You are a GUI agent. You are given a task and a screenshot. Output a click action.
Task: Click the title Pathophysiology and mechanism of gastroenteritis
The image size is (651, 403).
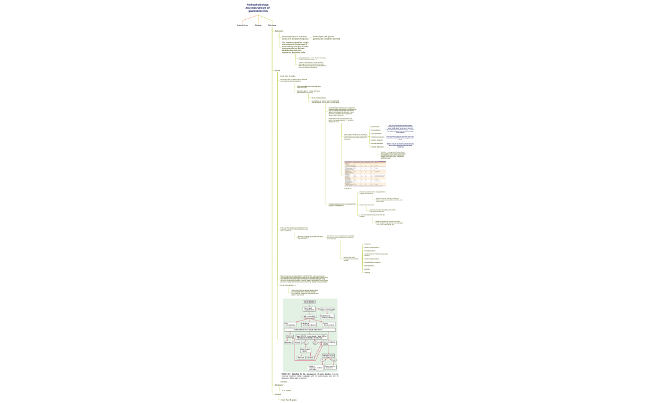pos(258,7)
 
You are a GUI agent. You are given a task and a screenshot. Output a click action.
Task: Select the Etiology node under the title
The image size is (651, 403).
pos(258,25)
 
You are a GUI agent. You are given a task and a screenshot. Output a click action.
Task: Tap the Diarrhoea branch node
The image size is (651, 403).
pos(272,25)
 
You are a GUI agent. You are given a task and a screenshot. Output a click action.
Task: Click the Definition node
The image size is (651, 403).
pos(279,31)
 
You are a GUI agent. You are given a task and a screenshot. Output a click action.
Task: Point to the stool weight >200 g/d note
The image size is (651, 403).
pos(326,38)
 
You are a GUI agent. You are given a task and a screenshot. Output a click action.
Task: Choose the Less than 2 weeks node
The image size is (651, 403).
pos(288,76)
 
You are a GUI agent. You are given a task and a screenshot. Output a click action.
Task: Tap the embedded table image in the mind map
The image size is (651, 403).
pos(365,174)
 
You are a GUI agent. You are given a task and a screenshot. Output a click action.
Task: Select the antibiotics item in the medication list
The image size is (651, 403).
pos(368,244)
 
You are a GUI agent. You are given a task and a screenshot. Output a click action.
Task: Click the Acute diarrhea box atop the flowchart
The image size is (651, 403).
pos(309,302)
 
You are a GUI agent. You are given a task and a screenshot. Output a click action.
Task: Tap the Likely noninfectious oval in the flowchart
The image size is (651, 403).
pos(327,309)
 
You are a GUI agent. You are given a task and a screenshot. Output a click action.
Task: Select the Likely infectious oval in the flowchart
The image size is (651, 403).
pos(309,316)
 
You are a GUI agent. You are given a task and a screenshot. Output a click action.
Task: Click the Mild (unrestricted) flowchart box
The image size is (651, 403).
pos(290,324)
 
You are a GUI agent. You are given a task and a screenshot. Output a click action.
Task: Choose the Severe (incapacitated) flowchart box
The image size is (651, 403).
pos(329,324)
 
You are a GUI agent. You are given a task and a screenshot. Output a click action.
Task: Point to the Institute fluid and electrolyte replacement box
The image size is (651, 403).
pos(309,330)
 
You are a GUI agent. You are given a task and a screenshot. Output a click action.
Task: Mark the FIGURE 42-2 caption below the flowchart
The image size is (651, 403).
pos(309,376)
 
